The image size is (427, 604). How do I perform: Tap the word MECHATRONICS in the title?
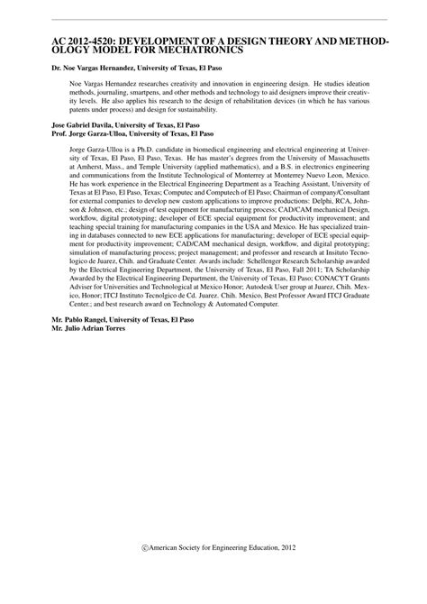[x=203, y=50]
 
